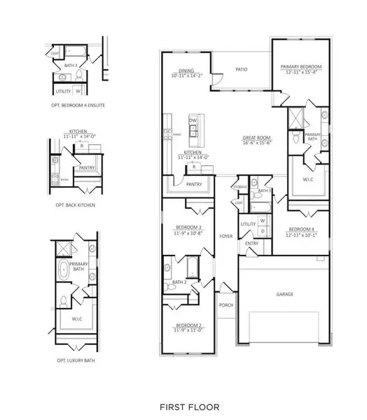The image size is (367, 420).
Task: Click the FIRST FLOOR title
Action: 189,406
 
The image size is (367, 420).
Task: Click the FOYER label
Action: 226,237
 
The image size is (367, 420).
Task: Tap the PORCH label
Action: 226,305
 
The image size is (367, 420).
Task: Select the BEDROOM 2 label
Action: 188,326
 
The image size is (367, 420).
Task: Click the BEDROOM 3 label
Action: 188,227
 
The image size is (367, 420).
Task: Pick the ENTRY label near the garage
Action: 251,244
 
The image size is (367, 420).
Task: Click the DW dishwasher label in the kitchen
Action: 193,120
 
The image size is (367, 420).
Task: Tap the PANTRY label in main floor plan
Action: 195,185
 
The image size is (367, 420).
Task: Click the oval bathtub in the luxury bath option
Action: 64,268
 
